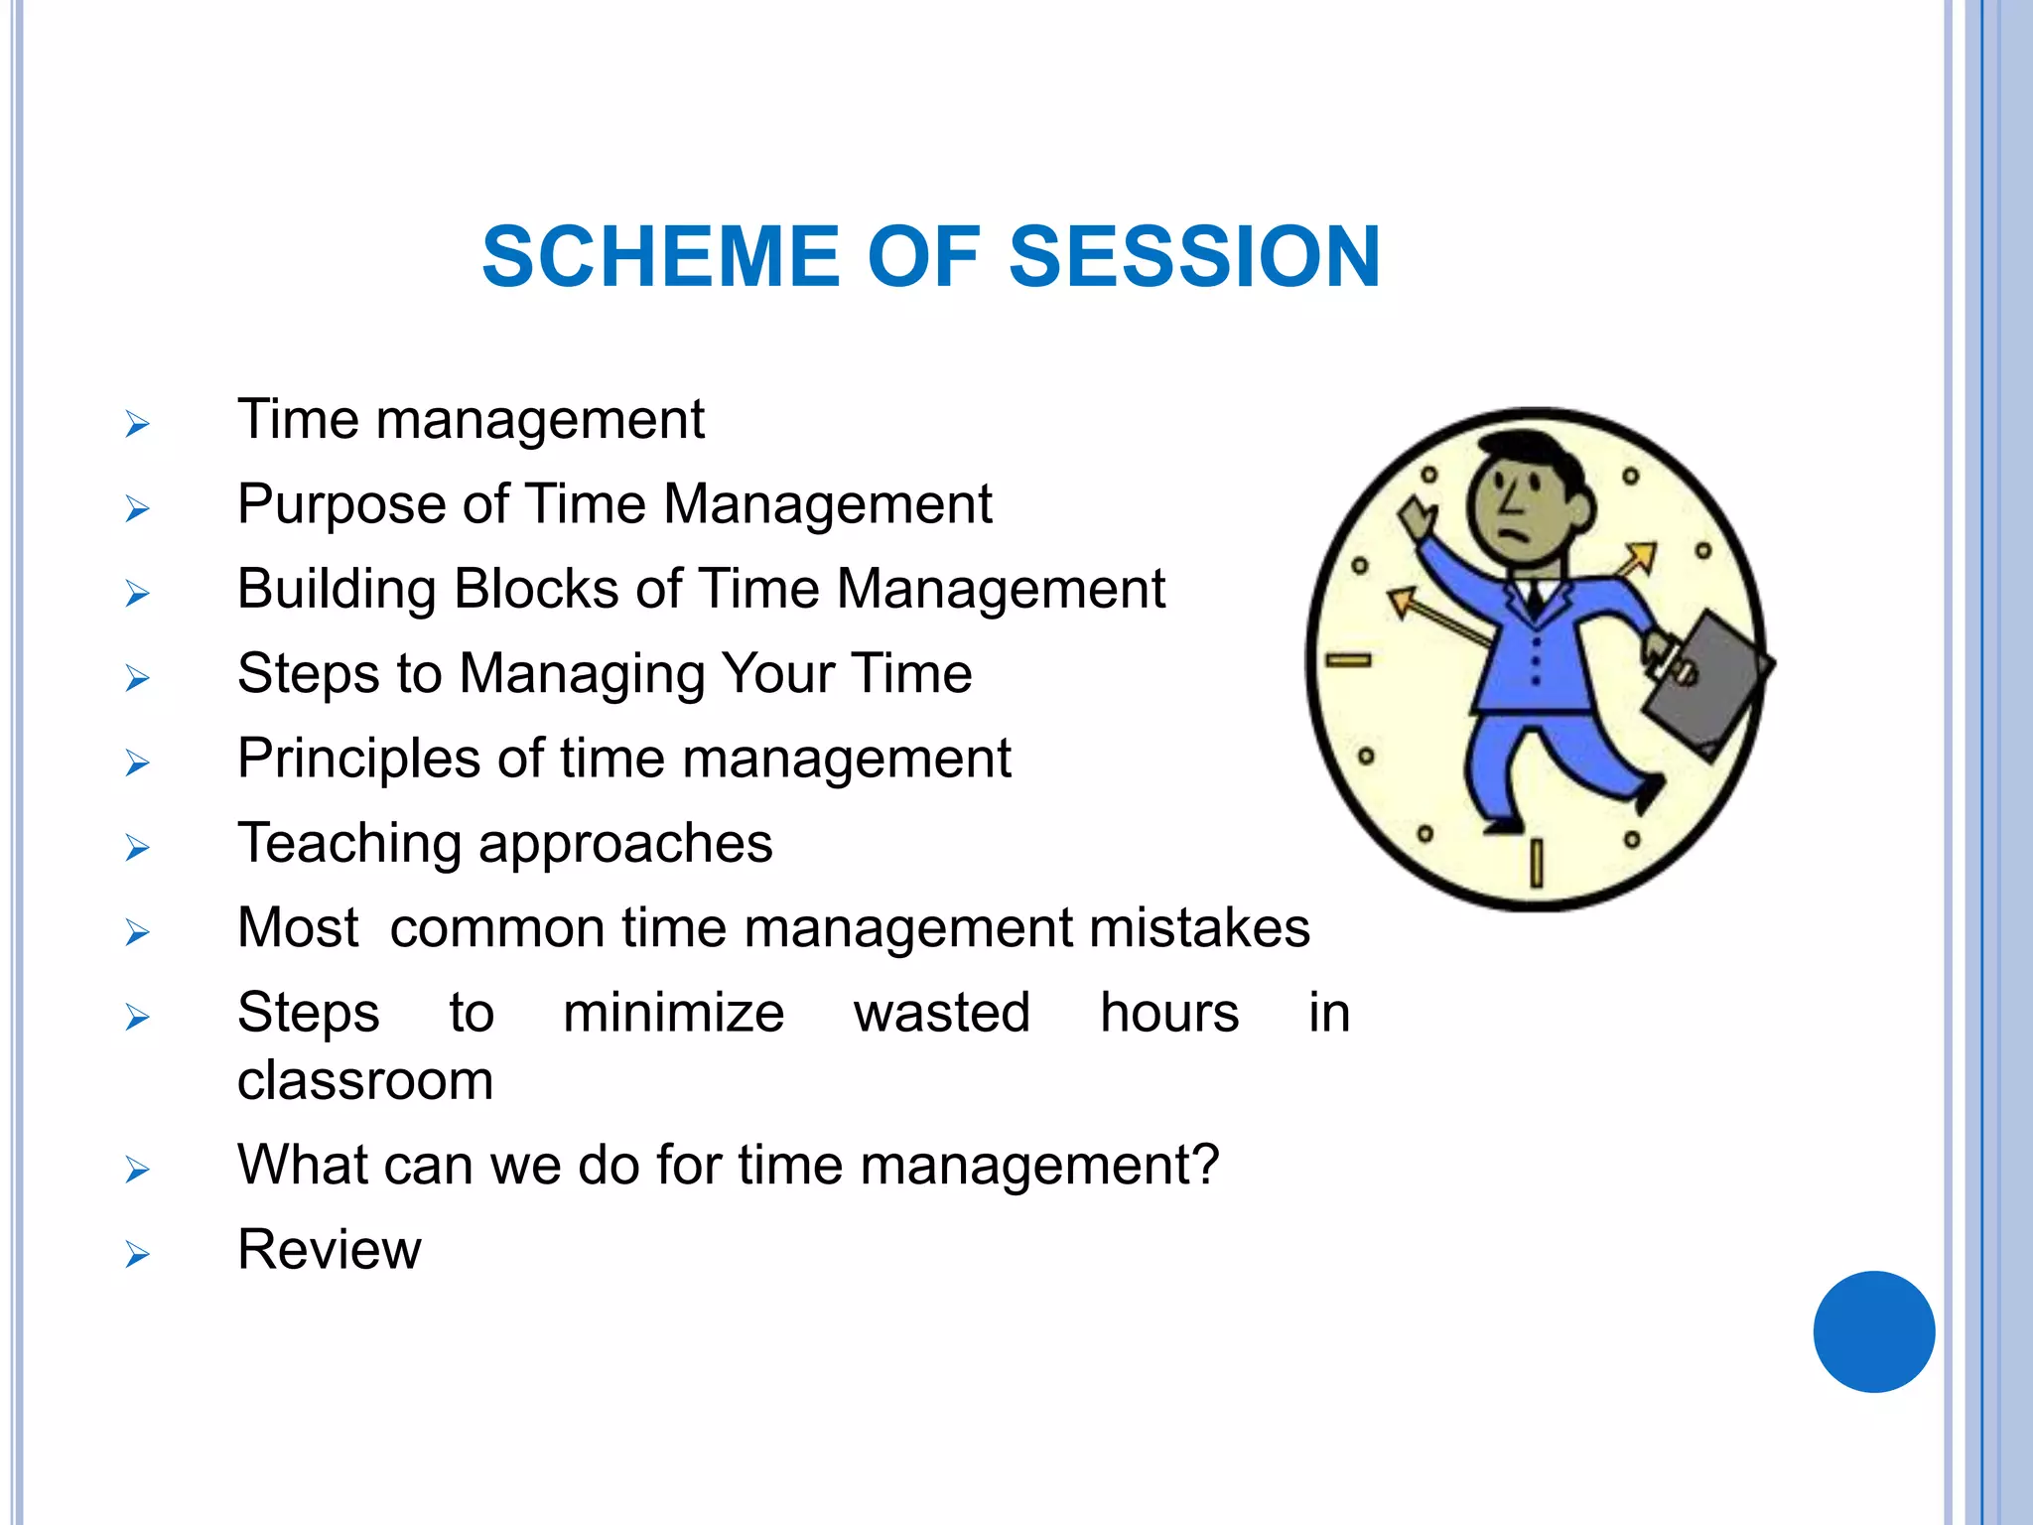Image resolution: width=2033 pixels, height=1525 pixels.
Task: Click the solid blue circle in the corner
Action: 1873,1331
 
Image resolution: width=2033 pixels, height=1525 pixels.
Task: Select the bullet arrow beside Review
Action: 137,1254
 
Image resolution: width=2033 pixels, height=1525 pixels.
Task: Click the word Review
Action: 329,1249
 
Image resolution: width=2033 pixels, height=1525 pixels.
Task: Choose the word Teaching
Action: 348,844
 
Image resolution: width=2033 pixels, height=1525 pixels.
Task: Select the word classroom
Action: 365,1080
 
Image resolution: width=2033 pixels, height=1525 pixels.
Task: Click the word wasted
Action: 941,1013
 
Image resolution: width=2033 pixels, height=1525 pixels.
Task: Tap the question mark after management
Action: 1206,1164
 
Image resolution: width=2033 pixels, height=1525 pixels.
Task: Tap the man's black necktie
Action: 1536,597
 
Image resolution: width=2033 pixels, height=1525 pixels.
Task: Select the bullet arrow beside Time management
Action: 137,425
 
